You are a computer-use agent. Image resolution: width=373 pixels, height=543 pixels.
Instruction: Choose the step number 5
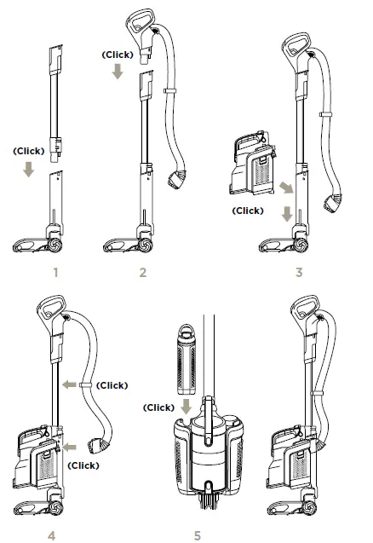pos(197,535)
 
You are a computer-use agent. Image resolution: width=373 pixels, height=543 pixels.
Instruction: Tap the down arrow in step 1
pos(30,170)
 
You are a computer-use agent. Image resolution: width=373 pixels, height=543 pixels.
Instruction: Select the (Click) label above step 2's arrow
pos(118,54)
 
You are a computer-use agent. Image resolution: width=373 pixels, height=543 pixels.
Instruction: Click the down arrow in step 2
pos(118,73)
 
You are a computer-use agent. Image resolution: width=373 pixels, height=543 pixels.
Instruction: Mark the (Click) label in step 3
pos(248,210)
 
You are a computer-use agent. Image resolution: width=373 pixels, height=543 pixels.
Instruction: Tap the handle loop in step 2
pos(139,20)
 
